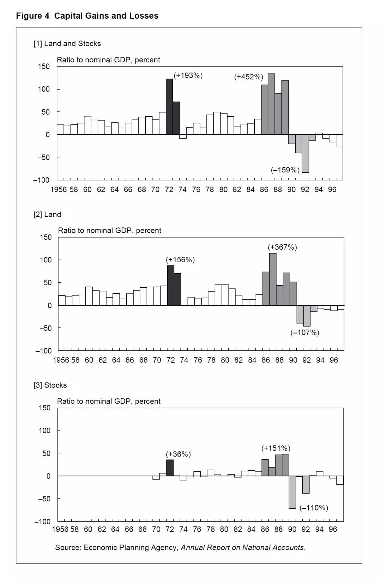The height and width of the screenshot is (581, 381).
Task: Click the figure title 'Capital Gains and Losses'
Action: [x=106, y=16]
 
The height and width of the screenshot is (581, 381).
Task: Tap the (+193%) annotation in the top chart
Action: [x=188, y=75]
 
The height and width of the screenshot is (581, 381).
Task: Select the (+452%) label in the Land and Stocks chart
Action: [x=249, y=77]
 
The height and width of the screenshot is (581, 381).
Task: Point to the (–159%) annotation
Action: [x=285, y=170]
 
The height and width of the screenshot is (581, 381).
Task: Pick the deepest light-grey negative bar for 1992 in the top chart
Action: [x=306, y=153]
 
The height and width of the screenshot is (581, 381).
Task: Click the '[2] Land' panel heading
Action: [x=47, y=214]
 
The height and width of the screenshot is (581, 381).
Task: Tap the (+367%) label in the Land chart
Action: [x=282, y=247]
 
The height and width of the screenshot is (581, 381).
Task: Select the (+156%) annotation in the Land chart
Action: [x=180, y=260]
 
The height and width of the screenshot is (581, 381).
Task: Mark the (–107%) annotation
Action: [x=305, y=332]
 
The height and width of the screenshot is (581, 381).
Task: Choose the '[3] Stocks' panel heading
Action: [x=50, y=385]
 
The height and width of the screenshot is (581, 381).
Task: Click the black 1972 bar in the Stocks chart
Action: [x=170, y=468]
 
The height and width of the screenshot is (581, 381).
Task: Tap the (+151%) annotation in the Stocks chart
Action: [x=276, y=448]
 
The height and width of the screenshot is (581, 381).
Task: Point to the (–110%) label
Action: [x=314, y=508]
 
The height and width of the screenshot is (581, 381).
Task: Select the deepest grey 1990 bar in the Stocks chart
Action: [x=292, y=492]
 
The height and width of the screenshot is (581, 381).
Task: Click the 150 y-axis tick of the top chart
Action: [x=44, y=67]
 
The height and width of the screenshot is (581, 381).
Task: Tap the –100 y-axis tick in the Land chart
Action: [x=43, y=351]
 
